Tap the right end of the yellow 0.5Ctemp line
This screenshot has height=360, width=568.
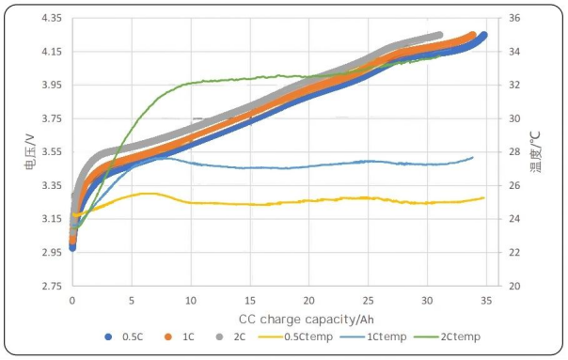(483, 198)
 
